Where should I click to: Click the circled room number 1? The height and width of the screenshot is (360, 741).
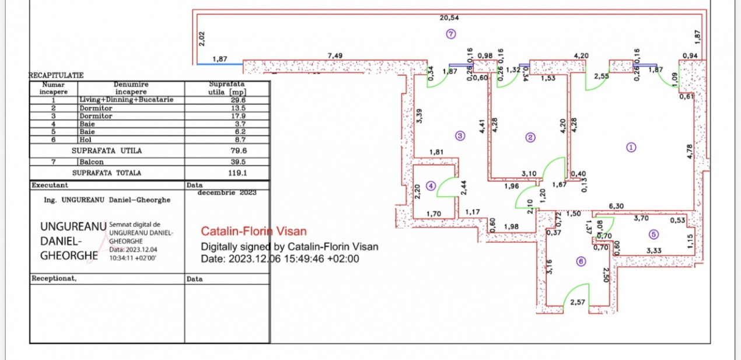(x=631, y=147)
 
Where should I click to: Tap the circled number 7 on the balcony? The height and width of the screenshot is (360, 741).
(x=450, y=34)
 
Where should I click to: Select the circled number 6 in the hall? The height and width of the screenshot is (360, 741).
(x=581, y=262)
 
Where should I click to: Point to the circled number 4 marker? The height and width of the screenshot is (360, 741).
(x=431, y=186)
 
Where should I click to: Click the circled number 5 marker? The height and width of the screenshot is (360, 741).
(x=653, y=234)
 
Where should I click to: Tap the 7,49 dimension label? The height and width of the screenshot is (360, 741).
(x=335, y=55)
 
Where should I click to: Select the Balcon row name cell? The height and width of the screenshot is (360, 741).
(x=92, y=162)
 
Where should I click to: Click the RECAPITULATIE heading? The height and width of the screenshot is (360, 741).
(x=56, y=75)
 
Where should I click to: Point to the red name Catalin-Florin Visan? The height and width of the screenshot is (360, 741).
(x=253, y=232)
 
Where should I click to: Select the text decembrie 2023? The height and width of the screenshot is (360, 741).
(x=227, y=192)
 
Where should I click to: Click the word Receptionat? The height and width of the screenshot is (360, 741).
(x=53, y=279)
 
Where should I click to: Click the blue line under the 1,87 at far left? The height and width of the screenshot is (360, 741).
(x=219, y=64)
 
